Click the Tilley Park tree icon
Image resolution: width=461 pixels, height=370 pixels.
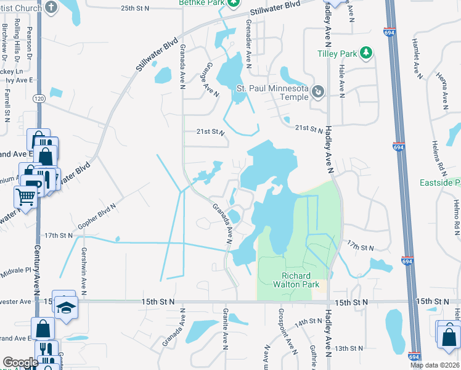click(x=366, y=52)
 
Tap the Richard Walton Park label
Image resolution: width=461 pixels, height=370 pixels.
click(x=300, y=280)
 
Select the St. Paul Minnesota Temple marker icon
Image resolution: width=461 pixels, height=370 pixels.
click(x=317, y=92)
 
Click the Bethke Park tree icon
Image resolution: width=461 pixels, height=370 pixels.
click(x=234, y=2)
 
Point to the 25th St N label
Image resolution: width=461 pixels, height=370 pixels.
click(x=135, y=9)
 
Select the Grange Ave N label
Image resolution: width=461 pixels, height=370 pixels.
click(x=210, y=79)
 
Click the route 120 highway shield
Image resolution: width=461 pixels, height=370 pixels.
click(x=39, y=98)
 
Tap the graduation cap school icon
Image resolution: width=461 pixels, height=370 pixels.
click(x=64, y=305)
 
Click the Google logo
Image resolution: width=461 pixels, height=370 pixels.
click(x=20, y=362)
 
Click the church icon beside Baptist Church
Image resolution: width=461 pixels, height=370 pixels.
click(x=51, y=7)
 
